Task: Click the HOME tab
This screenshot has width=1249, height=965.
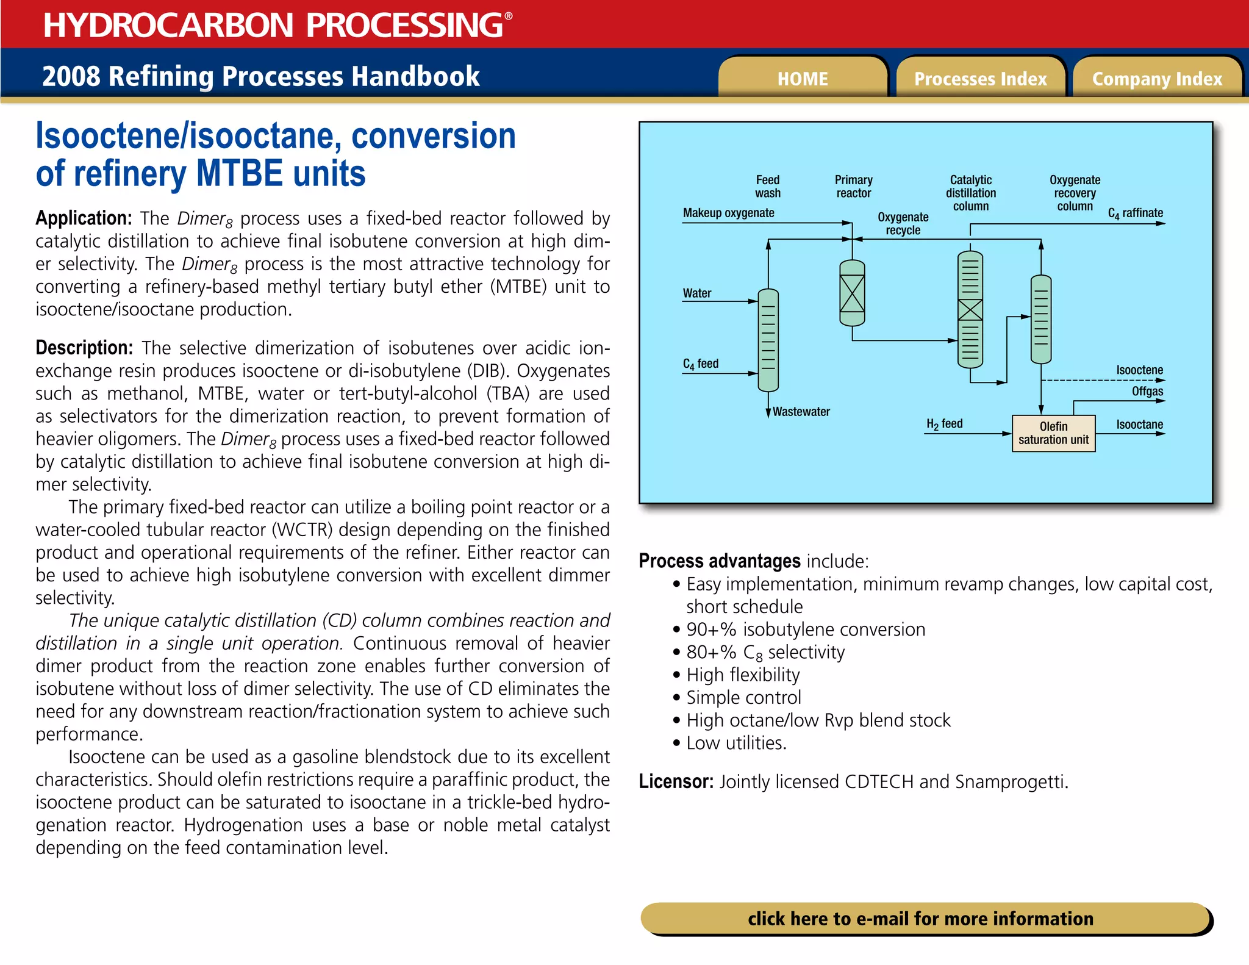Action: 803,79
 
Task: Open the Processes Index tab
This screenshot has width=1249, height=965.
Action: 980,79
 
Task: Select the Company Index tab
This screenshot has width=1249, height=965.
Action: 1157,79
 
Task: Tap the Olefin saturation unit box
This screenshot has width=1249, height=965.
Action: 1053,433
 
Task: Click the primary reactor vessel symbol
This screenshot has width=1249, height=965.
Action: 852,293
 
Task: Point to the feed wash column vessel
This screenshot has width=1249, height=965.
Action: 768,340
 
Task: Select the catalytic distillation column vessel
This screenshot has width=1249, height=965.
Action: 970,309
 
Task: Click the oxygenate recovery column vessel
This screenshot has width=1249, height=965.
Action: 1040,319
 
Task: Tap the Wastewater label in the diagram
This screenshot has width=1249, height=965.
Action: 801,412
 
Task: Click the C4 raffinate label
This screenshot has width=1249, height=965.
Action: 1135,213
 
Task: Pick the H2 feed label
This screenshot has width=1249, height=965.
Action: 944,423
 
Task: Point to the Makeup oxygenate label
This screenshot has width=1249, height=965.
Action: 728,213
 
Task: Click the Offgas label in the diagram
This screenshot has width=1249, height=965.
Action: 1147,391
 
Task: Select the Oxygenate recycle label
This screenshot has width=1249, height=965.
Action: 903,223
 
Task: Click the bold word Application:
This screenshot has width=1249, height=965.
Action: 84,218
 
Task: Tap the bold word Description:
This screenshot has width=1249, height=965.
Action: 84,348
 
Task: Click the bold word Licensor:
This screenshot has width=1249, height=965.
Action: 676,781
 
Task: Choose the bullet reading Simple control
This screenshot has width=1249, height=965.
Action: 743,697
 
